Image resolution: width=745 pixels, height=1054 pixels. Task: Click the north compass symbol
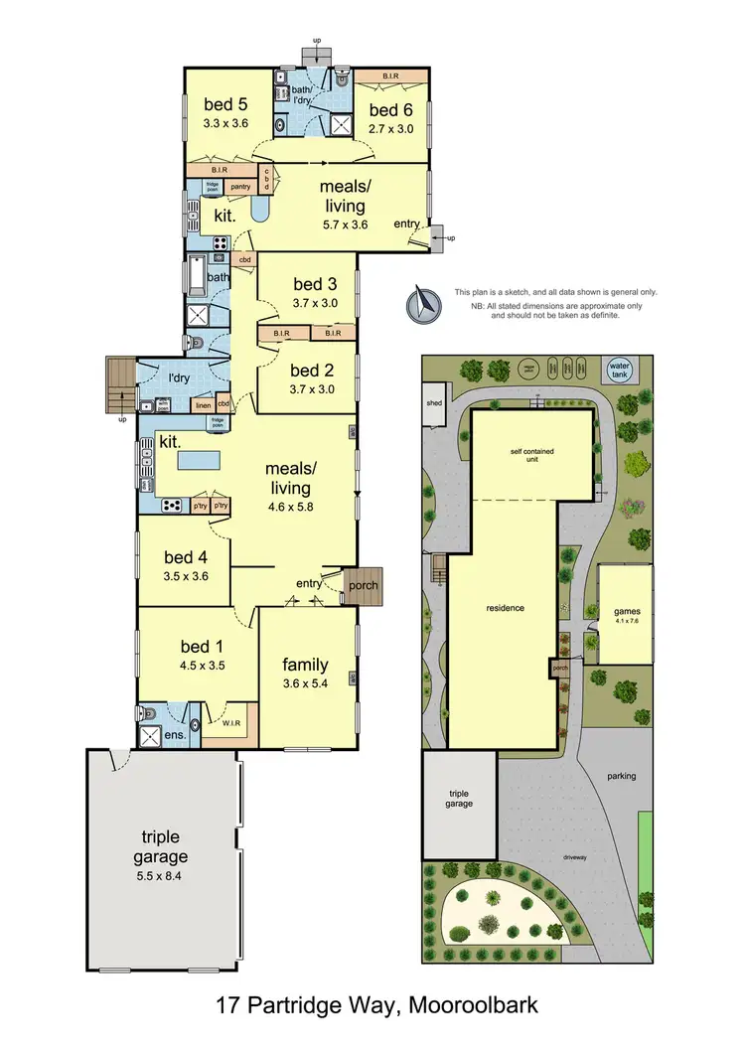tap(420, 303)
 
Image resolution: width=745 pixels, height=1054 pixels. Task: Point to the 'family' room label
tap(306, 664)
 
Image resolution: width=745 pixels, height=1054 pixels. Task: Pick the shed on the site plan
tap(434, 404)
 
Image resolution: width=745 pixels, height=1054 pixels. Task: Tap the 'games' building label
tap(626, 613)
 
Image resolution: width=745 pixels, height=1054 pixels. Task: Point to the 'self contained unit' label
tap(532, 457)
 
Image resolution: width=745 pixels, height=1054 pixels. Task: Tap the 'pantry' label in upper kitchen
tap(239, 186)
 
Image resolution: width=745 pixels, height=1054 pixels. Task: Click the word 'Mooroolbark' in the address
tap(478, 1005)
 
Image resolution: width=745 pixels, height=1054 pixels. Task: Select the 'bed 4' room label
tap(184, 557)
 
